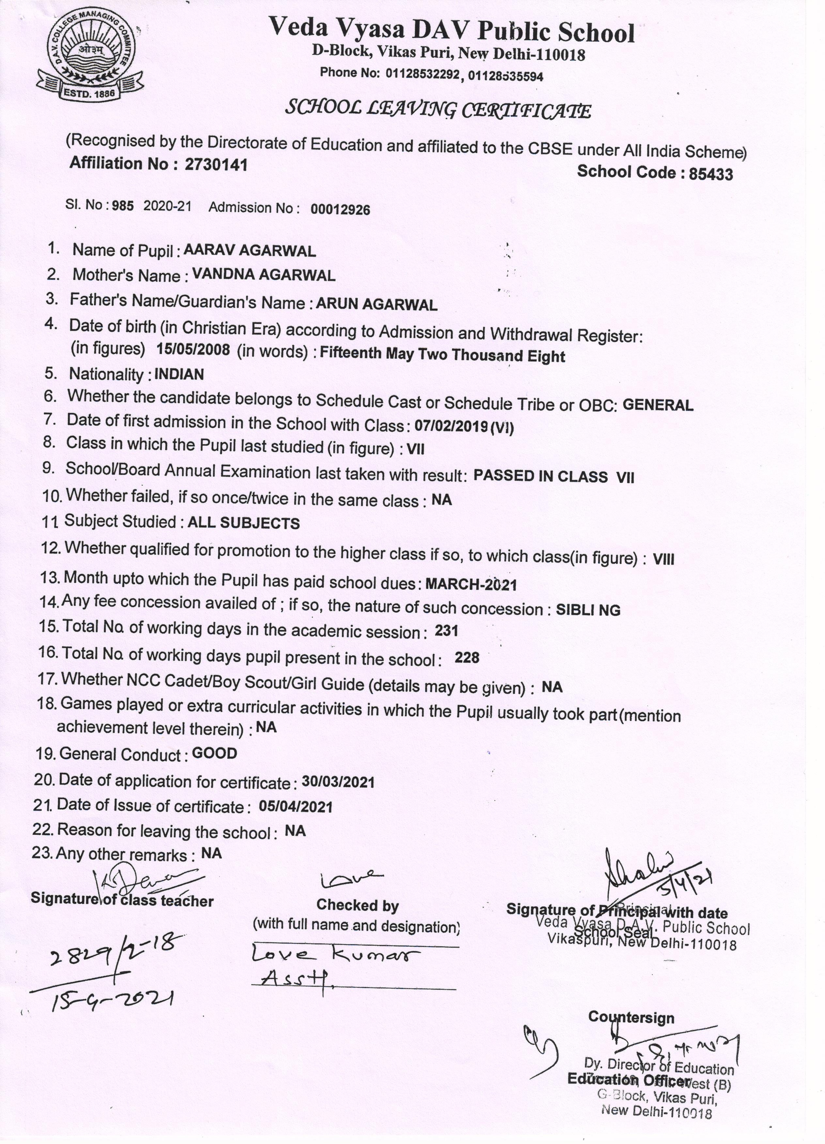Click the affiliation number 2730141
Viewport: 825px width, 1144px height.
click(x=216, y=165)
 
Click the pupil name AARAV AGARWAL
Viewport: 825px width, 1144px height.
click(x=250, y=251)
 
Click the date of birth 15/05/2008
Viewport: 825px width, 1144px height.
click(x=193, y=350)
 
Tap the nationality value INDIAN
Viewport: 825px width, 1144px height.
click(x=179, y=374)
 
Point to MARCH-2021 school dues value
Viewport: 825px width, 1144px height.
click(x=471, y=585)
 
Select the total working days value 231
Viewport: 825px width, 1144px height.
click(x=446, y=631)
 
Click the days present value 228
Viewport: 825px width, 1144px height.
click(x=467, y=658)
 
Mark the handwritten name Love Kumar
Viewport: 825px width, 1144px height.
click(x=335, y=956)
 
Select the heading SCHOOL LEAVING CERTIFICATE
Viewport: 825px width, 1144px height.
click(x=438, y=109)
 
